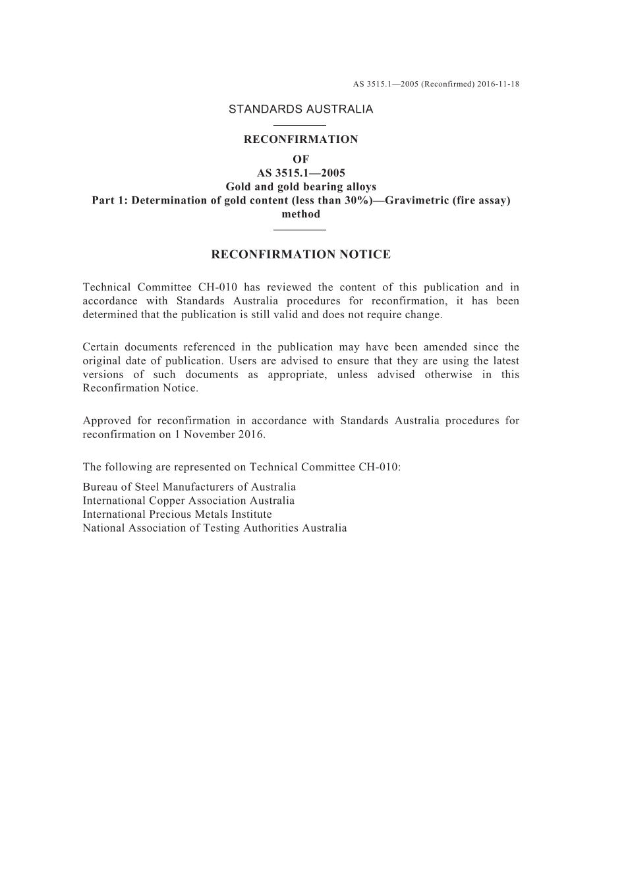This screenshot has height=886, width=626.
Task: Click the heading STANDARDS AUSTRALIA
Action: coord(300,109)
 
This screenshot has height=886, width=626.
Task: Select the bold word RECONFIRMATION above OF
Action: coord(301,140)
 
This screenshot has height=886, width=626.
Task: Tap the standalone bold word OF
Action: coord(300,159)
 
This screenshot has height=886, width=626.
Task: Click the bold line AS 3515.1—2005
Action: coord(300,173)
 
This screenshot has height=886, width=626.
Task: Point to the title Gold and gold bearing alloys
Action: coord(301,187)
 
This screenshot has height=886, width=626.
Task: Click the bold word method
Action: coord(300,214)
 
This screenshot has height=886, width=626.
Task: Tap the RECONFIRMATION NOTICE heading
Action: coord(301,254)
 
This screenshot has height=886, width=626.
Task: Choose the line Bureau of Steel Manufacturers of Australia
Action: coord(189,487)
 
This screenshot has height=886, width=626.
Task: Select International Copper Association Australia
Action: coord(188,501)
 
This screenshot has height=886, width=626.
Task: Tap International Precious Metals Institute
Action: coord(177,514)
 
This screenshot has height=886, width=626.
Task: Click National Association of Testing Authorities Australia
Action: coord(214,528)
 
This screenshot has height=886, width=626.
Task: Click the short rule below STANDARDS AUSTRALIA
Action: coord(300,125)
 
